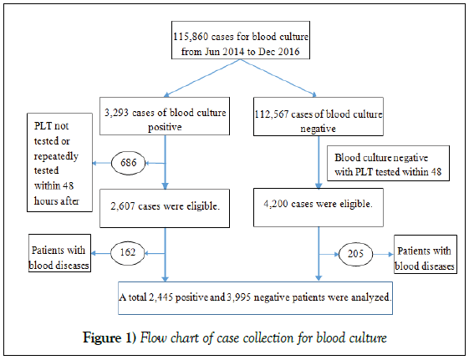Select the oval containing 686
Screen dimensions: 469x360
tap(128, 163)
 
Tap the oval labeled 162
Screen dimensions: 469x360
tap(128, 253)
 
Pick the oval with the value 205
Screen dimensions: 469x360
tap(355, 254)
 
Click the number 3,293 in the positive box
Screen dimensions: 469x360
tap(116, 113)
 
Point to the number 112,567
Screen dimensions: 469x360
tap(272, 114)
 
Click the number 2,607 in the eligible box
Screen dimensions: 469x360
tap(123, 206)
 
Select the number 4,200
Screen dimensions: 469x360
tap(276, 204)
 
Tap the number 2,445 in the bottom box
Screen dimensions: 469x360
tap(161, 297)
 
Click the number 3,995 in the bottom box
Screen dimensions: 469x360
tap(239, 297)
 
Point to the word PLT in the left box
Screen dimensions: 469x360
tap(42, 126)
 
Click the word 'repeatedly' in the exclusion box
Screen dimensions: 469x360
tap(56, 156)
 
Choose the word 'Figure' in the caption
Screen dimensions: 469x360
tap(102, 338)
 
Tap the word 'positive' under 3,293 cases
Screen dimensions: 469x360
tap(165, 128)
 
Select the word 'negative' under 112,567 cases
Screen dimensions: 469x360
tap(318, 129)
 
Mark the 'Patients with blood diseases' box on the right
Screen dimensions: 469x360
tap(426, 254)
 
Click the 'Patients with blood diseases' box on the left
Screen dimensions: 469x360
tap(59, 253)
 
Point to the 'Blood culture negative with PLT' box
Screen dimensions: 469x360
tap(388, 164)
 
